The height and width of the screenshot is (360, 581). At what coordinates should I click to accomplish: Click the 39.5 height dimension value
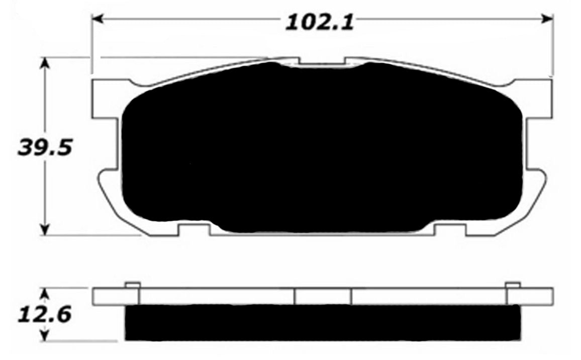(43, 147)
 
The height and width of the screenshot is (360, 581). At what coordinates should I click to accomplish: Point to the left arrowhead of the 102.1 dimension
(95, 19)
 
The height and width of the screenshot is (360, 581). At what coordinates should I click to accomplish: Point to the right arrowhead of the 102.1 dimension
(548, 19)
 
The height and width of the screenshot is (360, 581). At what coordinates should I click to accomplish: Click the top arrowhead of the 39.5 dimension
(46, 63)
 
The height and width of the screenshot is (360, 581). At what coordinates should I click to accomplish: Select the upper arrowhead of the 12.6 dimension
(46, 293)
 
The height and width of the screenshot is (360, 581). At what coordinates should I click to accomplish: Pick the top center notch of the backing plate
(322, 62)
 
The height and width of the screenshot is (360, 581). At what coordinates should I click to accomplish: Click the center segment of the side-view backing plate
(323, 296)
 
